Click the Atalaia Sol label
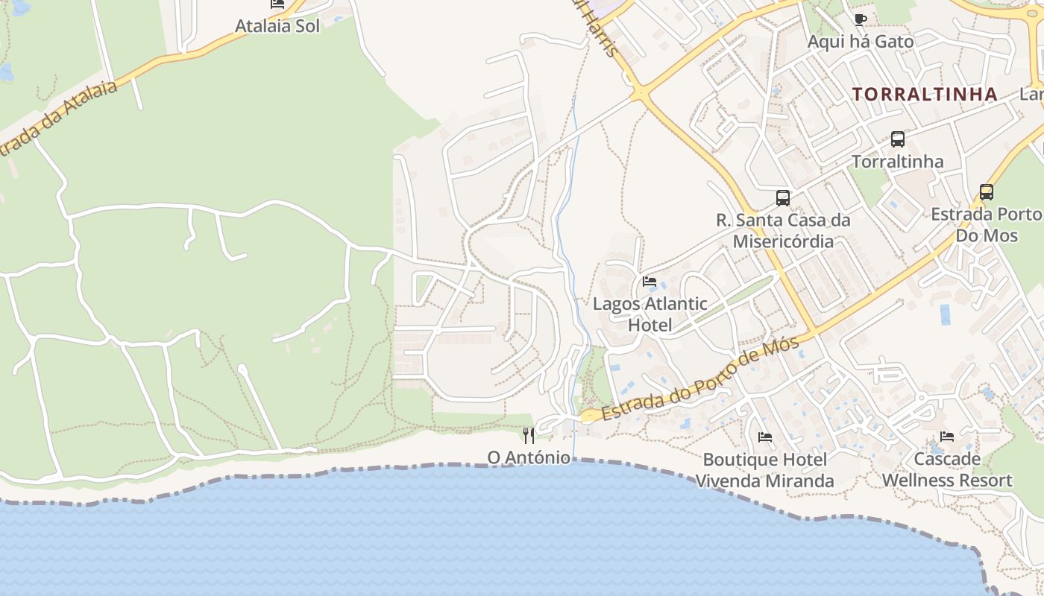pyautogui.click(x=277, y=26)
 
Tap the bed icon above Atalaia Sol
pyautogui.click(x=277, y=4)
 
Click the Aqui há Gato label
pyautogui.click(x=860, y=42)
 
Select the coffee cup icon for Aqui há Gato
pyautogui.click(x=861, y=19)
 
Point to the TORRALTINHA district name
pyautogui.click(x=925, y=94)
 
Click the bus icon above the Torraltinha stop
pyautogui.click(x=898, y=139)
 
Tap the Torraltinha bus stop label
pyautogui.click(x=897, y=162)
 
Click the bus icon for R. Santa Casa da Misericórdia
pyautogui.click(x=782, y=197)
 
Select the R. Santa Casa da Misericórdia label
pyautogui.click(x=783, y=231)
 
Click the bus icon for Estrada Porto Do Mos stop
pyautogui.click(x=986, y=191)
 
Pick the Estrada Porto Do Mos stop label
pyautogui.click(x=986, y=224)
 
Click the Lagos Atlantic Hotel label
pyautogui.click(x=650, y=314)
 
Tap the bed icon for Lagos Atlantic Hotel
pyautogui.click(x=650, y=282)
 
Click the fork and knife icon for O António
pyautogui.click(x=529, y=435)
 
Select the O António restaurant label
pyautogui.click(x=529, y=457)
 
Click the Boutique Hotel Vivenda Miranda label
pyautogui.click(x=764, y=470)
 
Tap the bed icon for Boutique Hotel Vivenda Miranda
pyautogui.click(x=764, y=437)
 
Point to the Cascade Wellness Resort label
pyautogui.click(x=947, y=470)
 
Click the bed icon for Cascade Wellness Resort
pyautogui.click(x=947, y=437)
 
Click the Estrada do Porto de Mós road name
pyautogui.click(x=701, y=379)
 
